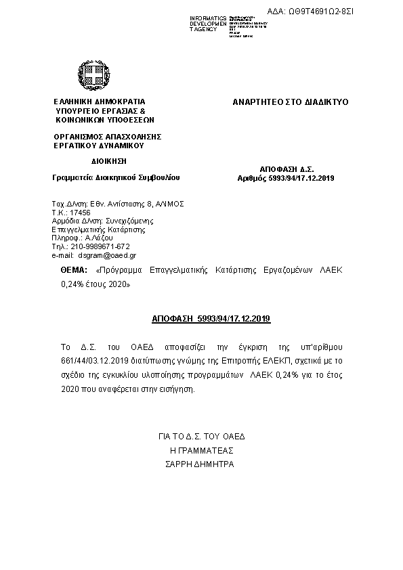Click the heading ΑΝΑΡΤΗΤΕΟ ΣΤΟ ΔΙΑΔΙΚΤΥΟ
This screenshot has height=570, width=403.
coord(290,102)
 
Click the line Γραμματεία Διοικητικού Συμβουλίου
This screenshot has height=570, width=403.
coord(116,177)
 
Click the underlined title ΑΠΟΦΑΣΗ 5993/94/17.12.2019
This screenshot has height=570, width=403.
coord(210,317)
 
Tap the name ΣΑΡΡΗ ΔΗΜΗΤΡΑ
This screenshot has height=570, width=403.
coord(200,465)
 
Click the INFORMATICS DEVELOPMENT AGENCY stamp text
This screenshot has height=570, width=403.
coord(208,24)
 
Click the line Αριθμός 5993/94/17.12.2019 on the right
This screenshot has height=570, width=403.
coord(287,177)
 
